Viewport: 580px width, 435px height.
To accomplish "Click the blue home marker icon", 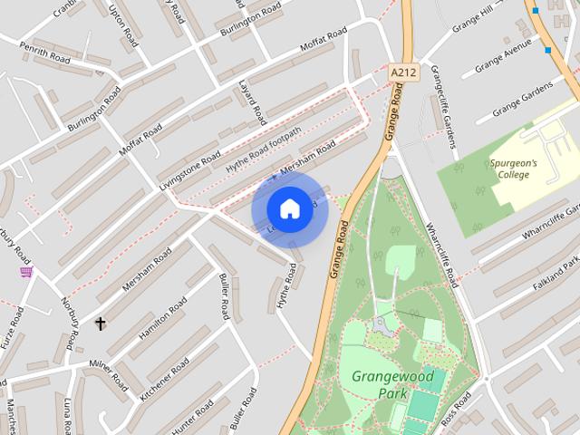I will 289,208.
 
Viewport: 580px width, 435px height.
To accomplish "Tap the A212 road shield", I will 403,71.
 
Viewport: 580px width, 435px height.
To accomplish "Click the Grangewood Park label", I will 393,384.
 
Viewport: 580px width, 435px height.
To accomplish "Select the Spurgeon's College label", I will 514,169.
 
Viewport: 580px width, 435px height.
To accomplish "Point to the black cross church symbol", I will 101,323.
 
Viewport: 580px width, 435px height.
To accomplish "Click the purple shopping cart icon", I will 26,271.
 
